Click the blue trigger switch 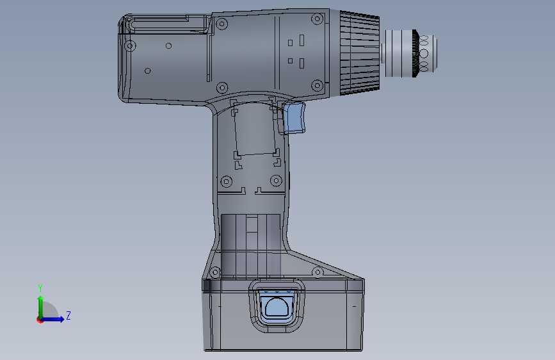(295, 117)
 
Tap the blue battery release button (277, 306)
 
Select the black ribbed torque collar (360, 53)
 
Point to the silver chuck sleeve (398, 53)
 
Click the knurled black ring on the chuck (415, 53)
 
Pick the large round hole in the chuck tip (423, 54)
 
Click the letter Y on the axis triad (40, 288)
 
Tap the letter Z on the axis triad (68, 315)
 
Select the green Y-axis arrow (41, 307)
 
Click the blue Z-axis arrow (52, 319)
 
